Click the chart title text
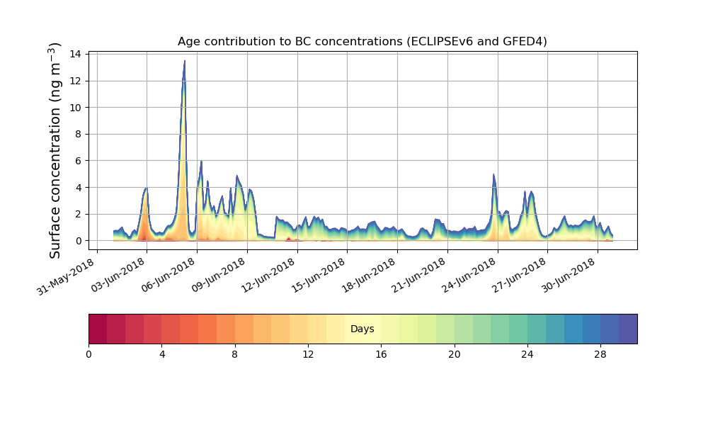tap(362, 42)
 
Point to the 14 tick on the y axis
tap(74, 54)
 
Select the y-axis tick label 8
tap(78, 134)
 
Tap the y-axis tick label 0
tap(78, 241)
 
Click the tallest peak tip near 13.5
tap(185, 61)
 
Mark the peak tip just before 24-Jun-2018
tap(493, 174)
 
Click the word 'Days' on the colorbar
tap(362, 329)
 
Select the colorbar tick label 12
tap(308, 354)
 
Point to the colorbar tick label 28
tap(600, 354)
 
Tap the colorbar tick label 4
tap(161, 354)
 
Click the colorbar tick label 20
tap(454, 354)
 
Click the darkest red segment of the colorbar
tap(98, 329)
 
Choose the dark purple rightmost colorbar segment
tap(627, 329)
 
